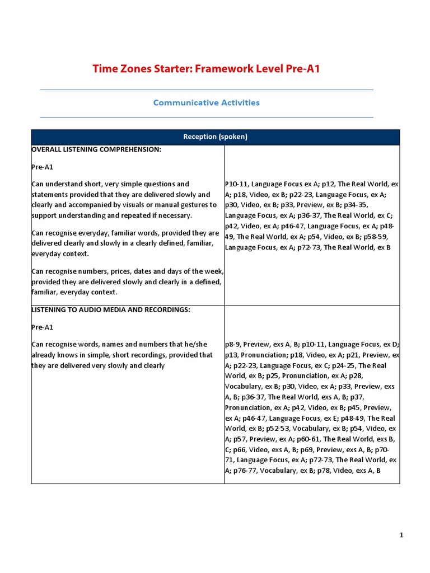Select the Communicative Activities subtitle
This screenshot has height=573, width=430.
click(x=206, y=103)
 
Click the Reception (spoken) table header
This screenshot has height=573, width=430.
click(x=216, y=137)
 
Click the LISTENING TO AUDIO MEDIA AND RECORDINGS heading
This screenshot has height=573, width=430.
click(x=111, y=309)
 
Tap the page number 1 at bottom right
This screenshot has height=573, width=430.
click(x=401, y=536)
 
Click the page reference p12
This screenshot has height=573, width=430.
click(x=328, y=184)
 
